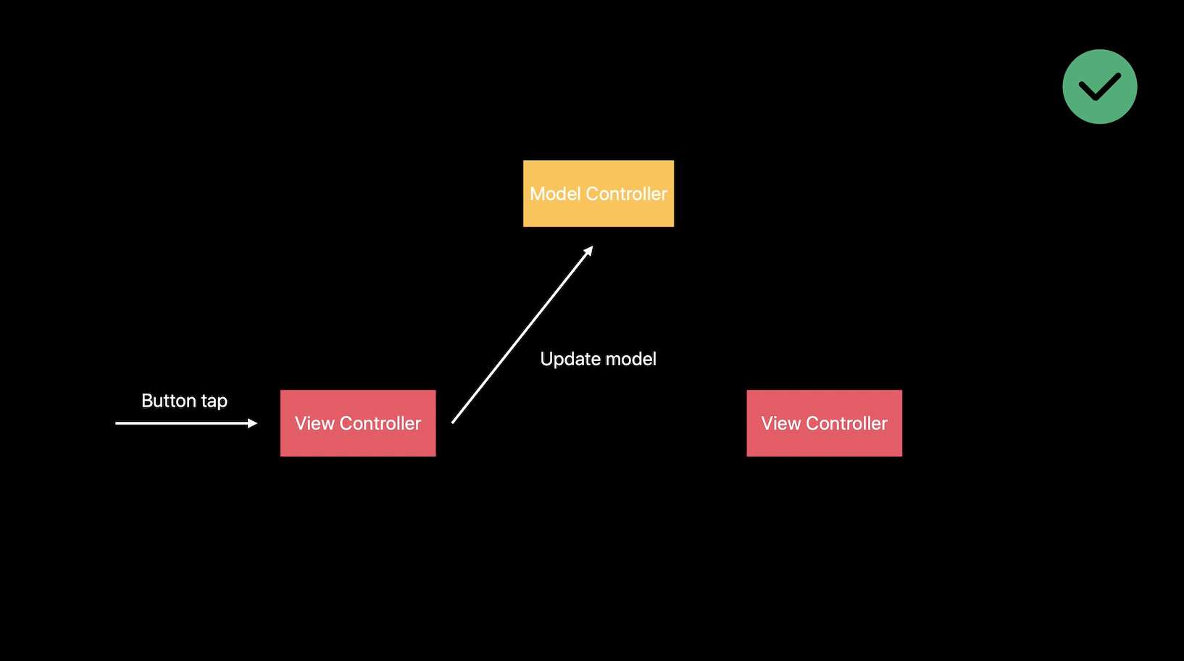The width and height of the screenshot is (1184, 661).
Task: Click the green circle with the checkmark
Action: tap(1099, 87)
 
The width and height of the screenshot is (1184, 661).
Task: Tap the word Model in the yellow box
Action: tap(555, 194)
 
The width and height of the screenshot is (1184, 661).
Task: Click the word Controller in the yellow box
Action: tap(626, 194)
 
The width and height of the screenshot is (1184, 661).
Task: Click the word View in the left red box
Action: tap(314, 423)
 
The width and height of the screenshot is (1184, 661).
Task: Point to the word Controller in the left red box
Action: tap(380, 423)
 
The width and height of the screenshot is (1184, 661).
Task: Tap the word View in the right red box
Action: tap(780, 423)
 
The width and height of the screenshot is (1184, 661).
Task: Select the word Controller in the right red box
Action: tap(846, 423)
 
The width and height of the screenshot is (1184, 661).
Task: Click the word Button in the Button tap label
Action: tap(169, 401)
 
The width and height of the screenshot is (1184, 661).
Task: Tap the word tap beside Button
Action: tap(214, 402)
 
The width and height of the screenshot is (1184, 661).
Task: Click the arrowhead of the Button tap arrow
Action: tap(253, 423)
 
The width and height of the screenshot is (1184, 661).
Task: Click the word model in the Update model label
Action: tap(630, 359)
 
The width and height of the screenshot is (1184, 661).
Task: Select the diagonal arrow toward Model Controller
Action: tap(522, 335)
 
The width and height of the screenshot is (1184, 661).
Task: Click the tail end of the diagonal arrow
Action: tap(454, 421)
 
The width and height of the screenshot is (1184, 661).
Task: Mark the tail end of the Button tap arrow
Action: tap(117, 423)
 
